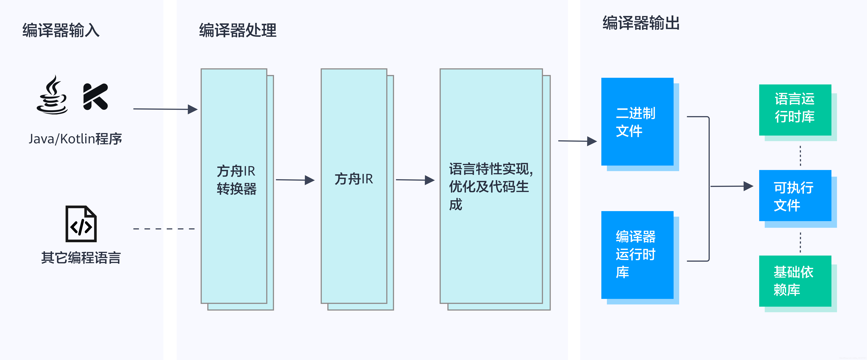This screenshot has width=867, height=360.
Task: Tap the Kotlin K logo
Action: point(95,97)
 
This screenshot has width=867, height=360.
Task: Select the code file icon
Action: point(81,224)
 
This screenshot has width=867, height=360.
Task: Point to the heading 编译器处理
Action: point(238,30)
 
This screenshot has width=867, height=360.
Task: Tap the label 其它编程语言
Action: point(81,258)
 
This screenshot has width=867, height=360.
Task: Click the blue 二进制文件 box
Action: point(637,122)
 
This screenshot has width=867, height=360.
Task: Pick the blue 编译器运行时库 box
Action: point(637,255)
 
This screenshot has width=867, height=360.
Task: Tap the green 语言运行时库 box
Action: point(795,110)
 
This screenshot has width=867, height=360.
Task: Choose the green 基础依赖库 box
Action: point(795,281)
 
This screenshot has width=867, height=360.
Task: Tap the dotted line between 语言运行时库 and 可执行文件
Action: point(800,156)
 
